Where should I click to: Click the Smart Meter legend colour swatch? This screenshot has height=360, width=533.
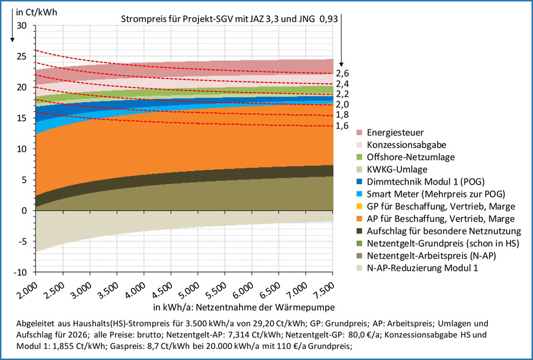(x=359, y=194)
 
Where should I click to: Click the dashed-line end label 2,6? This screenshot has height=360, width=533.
(x=342, y=73)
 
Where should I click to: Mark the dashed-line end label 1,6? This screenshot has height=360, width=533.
(x=342, y=125)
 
